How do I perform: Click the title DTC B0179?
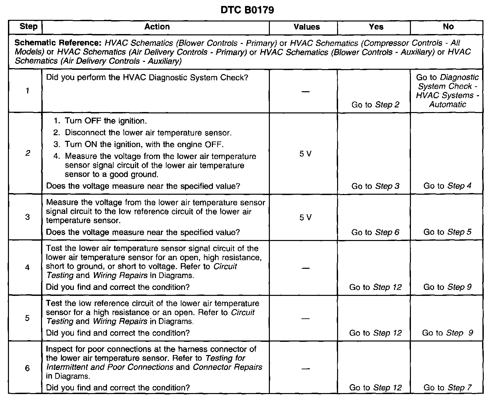(x=247, y=10)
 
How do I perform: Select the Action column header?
(x=157, y=27)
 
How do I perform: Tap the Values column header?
(x=307, y=27)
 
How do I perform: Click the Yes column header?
(x=376, y=27)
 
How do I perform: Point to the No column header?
(x=448, y=27)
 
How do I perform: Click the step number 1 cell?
(x=27, y=91)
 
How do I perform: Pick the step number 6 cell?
(x=27, y=368)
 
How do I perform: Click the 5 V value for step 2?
(x=305, y=154)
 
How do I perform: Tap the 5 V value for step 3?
(x=305, y=217)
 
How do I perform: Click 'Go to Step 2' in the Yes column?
(x=375, y=105)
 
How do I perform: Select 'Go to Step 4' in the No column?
(x=447, y=186)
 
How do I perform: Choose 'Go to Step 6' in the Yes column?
(x=375, y=232)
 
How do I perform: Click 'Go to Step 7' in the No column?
(x=447, y=387)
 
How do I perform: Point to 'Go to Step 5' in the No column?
(x=447, y=232)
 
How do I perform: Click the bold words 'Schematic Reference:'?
(x=59, y=43)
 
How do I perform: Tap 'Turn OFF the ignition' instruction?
(x=106, y=121)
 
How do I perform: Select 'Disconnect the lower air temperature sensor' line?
(x=148, y=133)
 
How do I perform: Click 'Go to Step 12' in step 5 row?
(x=375, y=333)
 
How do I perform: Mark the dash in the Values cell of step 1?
(x=306, y=91)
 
